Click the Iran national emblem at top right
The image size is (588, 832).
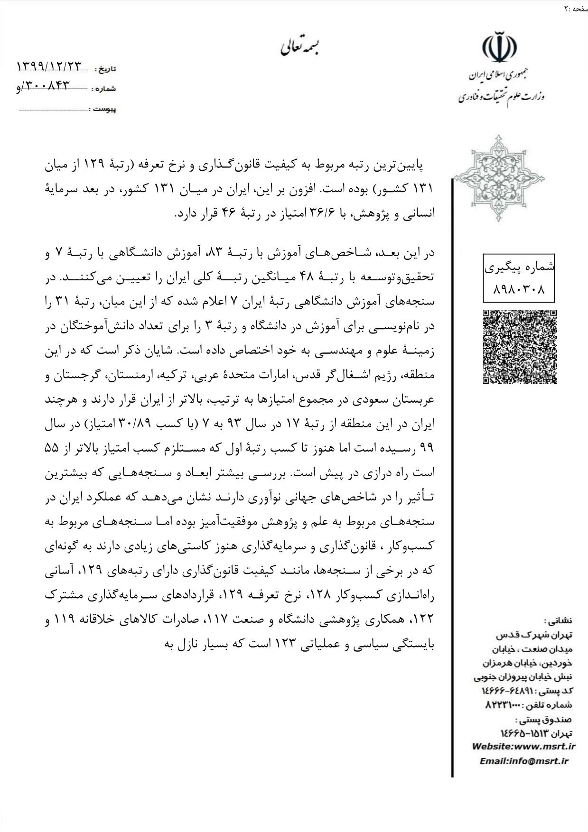pyautogui.click(x=499, y=47)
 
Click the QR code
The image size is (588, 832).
pyautogui.click(x=520, y=347)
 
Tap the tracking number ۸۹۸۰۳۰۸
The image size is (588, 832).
pyautogui.click(x=519, y=288)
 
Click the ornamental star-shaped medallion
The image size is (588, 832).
pyautogui.click(x=498, y=178)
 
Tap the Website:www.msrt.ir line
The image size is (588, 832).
pyautogui.click(x=523, y=746)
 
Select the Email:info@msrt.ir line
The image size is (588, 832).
pyautogui.click(x=523, y=761)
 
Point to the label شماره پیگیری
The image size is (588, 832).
pyautogui.click(x=519, y=268)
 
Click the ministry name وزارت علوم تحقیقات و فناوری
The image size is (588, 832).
pyautogui.click(x=501, y=97)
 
